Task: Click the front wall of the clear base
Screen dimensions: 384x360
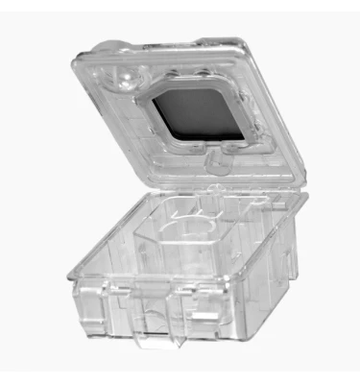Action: [173, 307]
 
